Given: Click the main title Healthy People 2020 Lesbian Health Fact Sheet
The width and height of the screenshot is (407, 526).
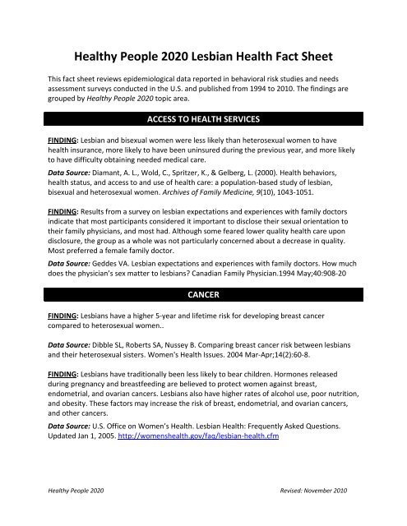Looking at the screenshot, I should (203, 58).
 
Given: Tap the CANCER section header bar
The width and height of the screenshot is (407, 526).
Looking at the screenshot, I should (203, 292).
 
